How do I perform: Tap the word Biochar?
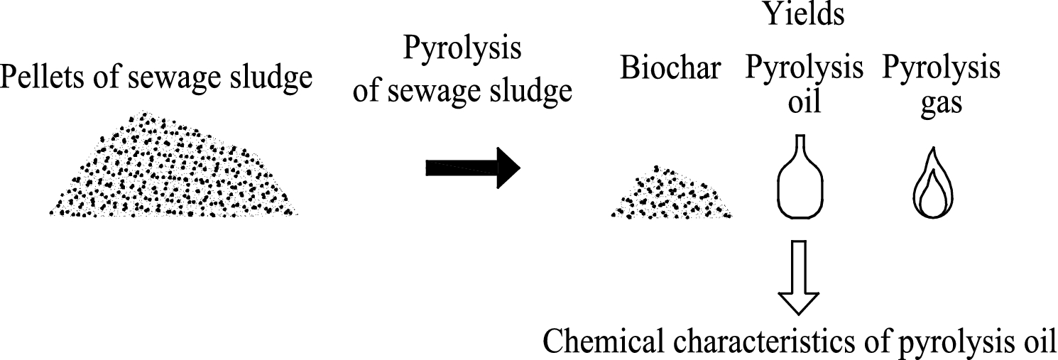click(x=671, y=70)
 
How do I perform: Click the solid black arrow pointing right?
click(x=473, y=168)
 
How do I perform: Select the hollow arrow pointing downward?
click(x=800, y=276)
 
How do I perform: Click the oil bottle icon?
click(x=800, y=182)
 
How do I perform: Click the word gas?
click(x=942, y=103)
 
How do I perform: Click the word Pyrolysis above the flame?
click(x=942, y=70)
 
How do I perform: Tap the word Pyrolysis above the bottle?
click(x=805, y=70)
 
